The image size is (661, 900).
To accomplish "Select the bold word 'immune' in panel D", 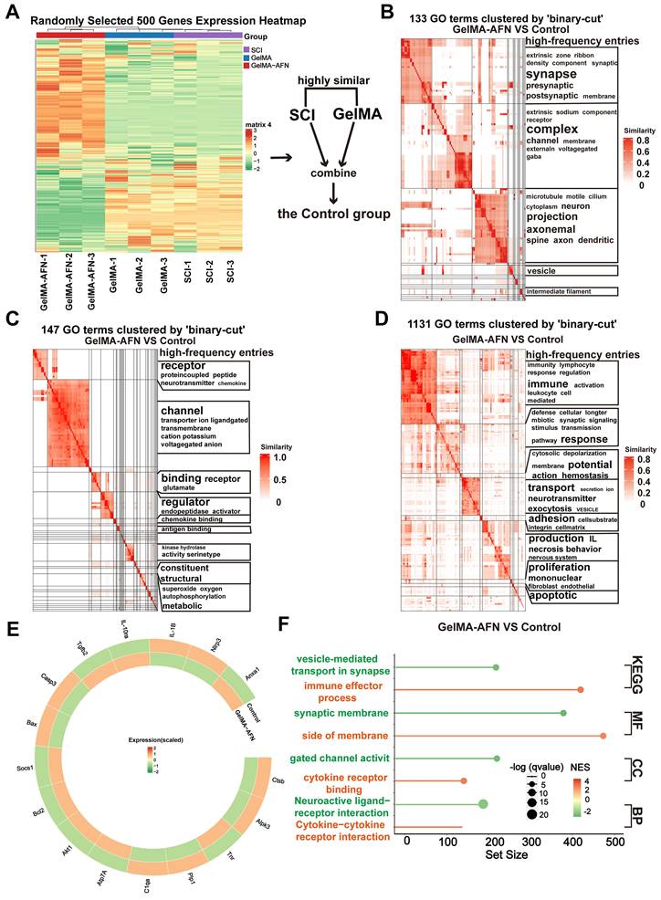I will click(547, 385).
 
